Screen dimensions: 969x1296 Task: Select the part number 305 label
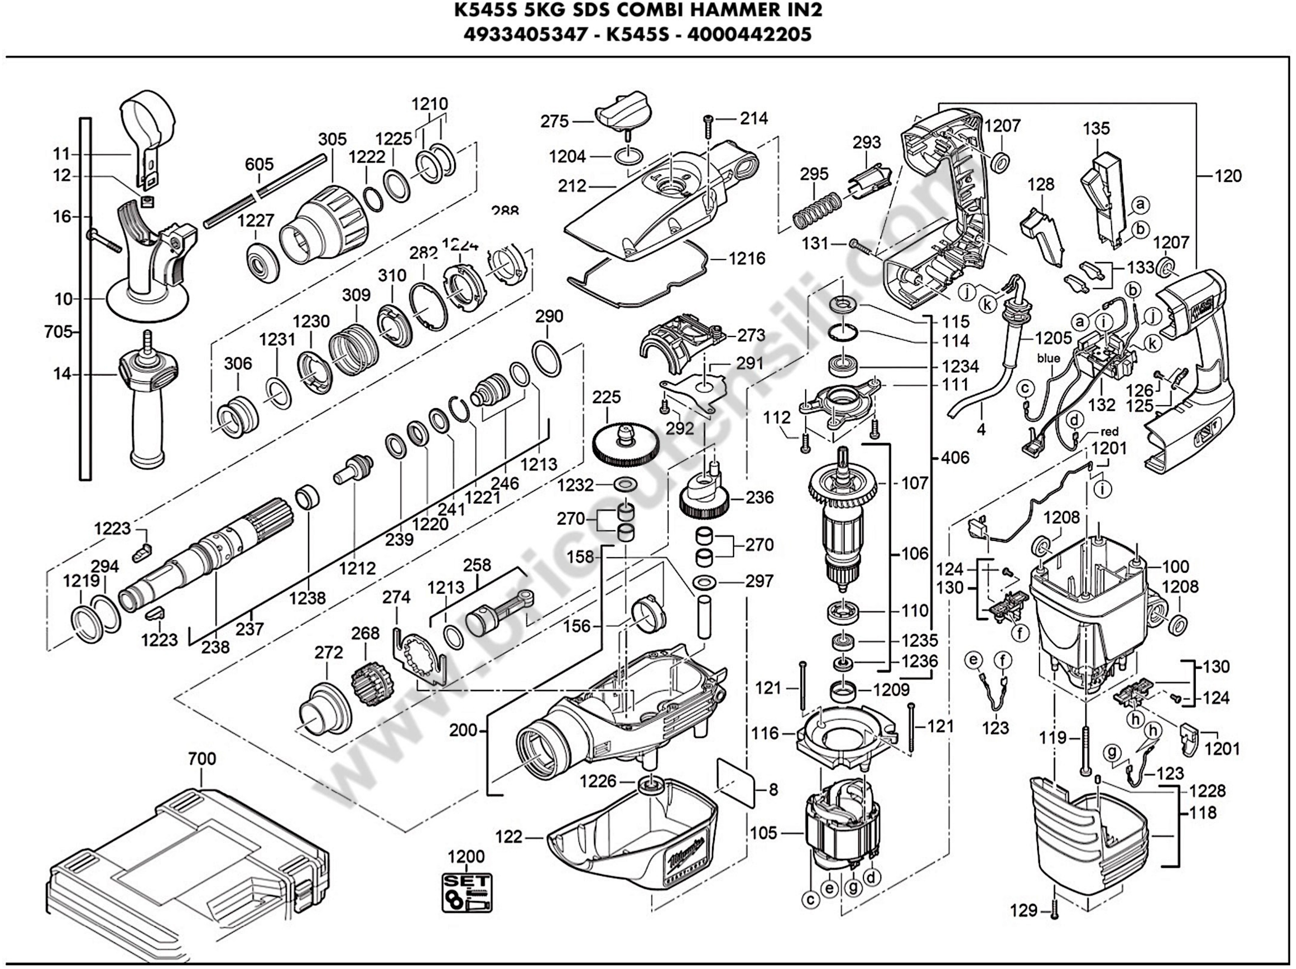coord(332,139)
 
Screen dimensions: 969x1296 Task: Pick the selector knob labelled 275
coord(623,117)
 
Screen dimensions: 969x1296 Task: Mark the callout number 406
coord(955,457)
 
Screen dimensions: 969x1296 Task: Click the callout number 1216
coord(747,258)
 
